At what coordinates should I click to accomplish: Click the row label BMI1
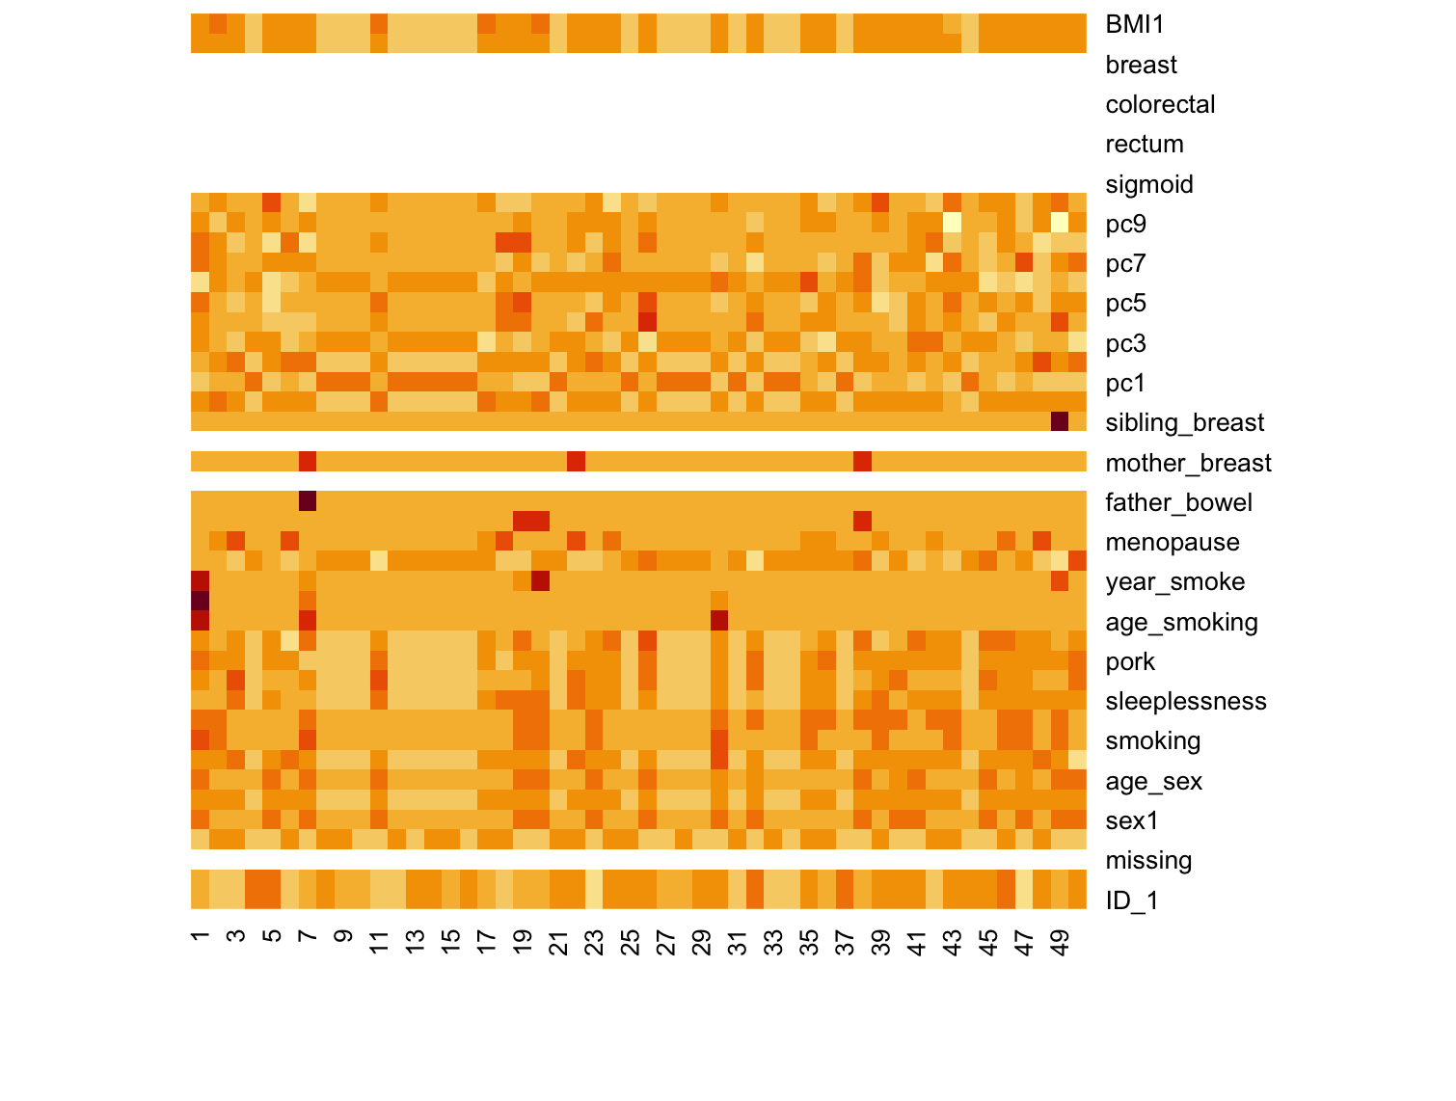(1135, 25)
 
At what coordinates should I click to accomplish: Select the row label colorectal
(1159, 104)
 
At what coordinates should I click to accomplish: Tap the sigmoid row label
(1148, 184)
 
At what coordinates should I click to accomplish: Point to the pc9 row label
(1125, 224)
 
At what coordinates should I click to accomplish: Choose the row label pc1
(1125, 383)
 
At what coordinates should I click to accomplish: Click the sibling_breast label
(1184, 422)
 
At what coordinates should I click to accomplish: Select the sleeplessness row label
(1185, 701)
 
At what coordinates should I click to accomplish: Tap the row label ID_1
(1131, 900)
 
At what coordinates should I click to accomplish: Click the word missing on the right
(1148, 860)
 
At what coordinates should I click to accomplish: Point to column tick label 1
(201, 936)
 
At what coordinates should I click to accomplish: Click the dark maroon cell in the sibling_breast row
(1060, 422)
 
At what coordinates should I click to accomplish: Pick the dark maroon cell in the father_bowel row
(308, 501)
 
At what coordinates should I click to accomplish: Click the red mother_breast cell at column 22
(576, 462)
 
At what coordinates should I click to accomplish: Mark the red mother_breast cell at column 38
(862, 462)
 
